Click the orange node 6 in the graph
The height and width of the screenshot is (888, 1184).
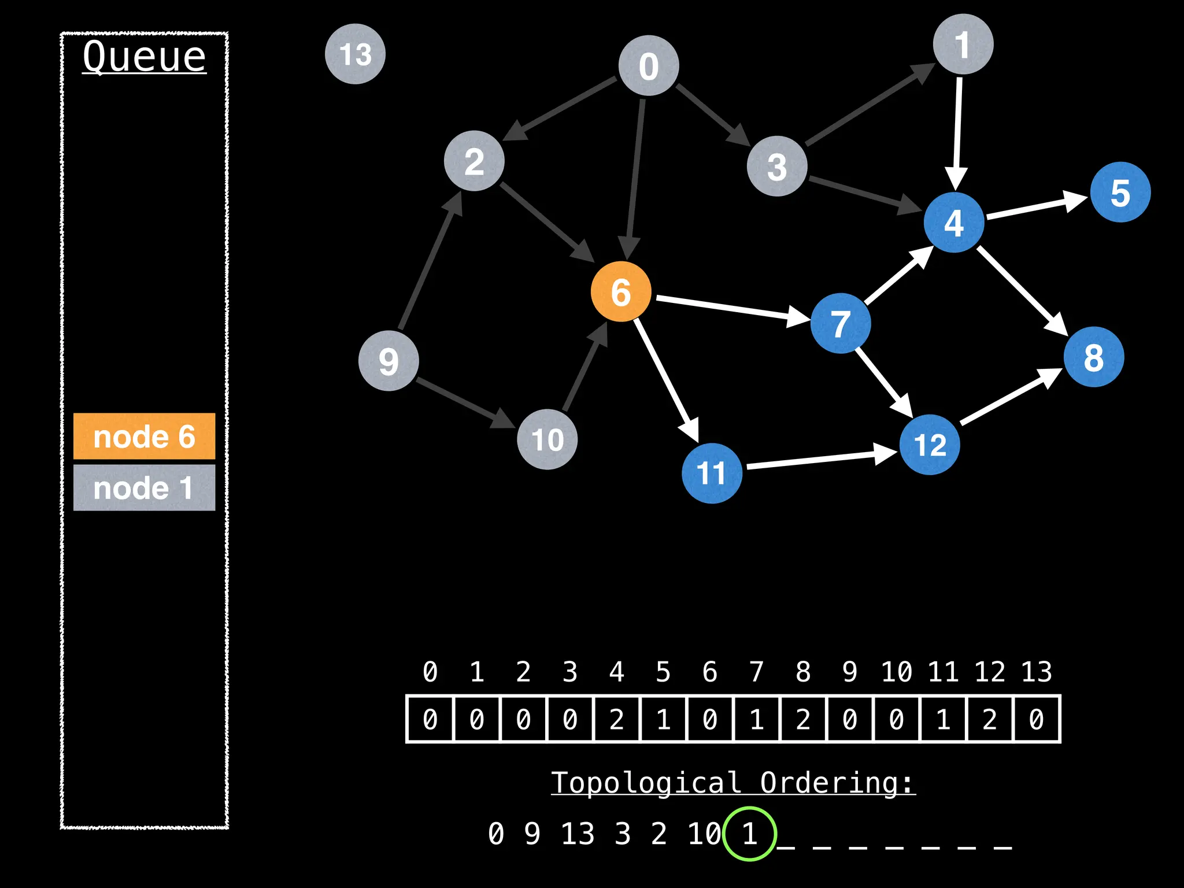point(621,291)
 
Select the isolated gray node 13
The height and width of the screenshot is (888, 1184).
point(355,54)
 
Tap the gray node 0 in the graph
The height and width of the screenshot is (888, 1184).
point(648,66)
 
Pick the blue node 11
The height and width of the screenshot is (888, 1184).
point(711,473)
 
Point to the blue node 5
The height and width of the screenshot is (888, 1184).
point(1120,193)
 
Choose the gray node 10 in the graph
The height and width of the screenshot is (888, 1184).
point(547,439)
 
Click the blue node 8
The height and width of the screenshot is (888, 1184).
point(1093,357)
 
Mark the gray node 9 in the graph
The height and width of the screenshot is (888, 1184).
point(388,361)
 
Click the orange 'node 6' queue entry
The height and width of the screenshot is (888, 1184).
point(144,436)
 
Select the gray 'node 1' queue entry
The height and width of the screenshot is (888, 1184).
point(144,488)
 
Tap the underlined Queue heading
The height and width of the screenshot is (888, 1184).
point(144,57)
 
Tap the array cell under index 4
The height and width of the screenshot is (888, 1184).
point(617,719)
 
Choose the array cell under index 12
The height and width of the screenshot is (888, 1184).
point(990,719)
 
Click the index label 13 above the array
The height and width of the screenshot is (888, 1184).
point(1036,672)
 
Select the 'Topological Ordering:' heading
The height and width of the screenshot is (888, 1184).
point(732,783)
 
